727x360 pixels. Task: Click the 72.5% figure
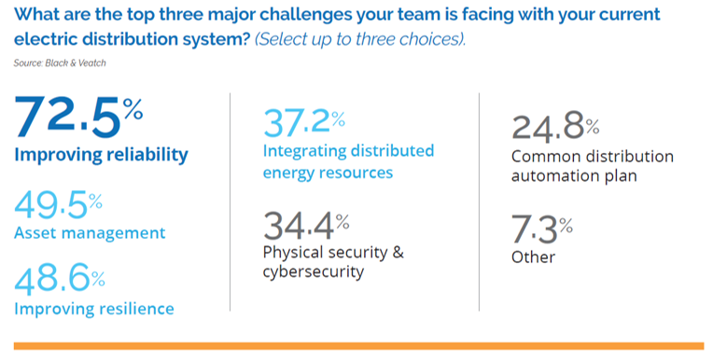(78, 118)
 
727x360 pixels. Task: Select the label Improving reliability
(101, 155)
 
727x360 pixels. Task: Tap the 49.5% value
(59, 206)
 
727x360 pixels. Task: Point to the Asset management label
(90, 232)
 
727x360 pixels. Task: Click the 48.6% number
(60, 282)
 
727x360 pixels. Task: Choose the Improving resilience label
(94, 309)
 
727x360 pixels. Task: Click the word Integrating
(304, 151)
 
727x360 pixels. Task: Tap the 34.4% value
(306, 226)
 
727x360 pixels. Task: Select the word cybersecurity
(313, 271)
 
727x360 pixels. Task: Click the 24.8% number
(555, 129)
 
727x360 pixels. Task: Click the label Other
(533, 257)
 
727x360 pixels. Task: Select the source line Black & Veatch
(60, 63)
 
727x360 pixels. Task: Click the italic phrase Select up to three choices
(360, 40)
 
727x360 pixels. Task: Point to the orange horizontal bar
(359, 346)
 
